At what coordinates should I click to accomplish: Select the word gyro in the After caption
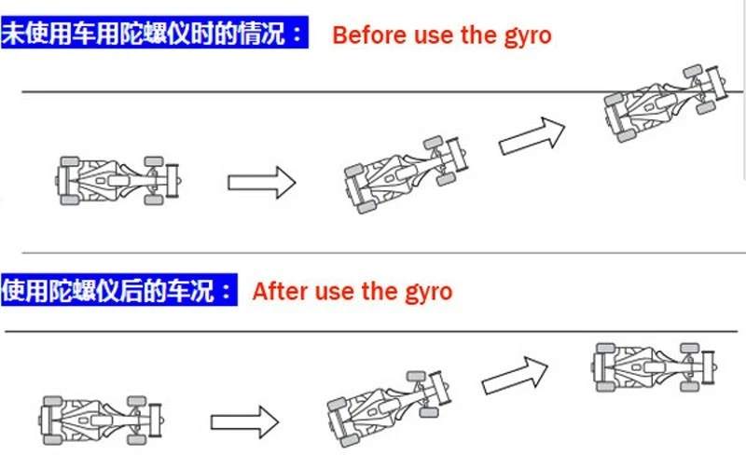point(428,293)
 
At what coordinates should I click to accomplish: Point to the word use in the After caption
point(334,292)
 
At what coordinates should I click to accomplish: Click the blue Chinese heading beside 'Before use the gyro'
point(154,35)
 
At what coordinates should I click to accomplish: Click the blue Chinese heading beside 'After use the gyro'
point(117,290)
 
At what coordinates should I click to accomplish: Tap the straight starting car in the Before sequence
point(117,180)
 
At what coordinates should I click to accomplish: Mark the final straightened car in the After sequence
point(653,366)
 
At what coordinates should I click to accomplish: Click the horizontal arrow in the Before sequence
point(262,181)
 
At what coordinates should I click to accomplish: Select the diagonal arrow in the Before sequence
point(532,136)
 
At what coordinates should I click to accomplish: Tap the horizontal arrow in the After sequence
point(244,420)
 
